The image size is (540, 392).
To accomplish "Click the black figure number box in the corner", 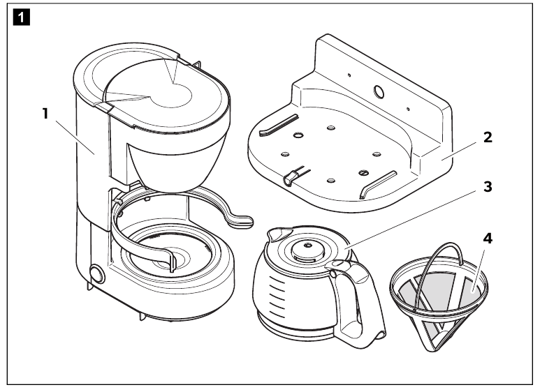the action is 22,17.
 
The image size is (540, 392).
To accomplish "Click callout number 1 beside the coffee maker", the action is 45,114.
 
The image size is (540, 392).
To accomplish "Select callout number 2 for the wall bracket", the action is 488,137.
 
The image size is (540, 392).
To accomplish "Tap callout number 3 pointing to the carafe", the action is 488,187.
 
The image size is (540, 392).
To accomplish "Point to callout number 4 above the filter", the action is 488,239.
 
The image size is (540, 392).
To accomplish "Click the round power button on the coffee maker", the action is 97,274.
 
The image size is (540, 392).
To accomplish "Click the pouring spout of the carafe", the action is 277,234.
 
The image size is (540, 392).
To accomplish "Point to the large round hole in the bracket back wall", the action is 379,91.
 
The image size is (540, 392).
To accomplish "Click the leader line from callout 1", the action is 75,137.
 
